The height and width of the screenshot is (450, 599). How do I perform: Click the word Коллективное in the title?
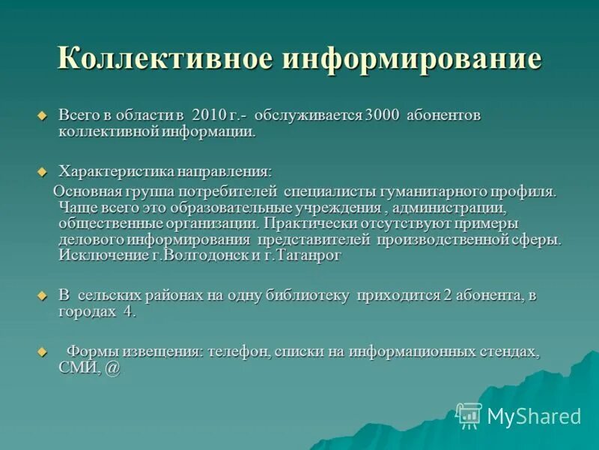[x=163, y=58]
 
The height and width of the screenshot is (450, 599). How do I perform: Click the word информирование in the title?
[x=411, y=58]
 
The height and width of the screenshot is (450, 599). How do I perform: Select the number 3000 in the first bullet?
[x=383, y=116]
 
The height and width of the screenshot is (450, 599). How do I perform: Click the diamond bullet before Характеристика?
[x=43, y=172]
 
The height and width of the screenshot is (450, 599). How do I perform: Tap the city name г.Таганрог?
[x=304, y=256]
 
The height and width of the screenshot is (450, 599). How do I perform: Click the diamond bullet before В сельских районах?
[x=43, y=296]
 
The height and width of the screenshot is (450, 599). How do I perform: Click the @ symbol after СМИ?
[x=112, y=367]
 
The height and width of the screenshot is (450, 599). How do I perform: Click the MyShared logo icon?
[x=469, y=415]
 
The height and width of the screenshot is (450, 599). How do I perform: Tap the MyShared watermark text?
[x=534, y=416]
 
